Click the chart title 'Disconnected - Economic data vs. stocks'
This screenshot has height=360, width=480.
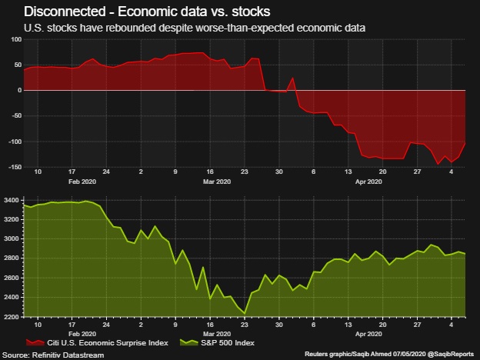(147, 12)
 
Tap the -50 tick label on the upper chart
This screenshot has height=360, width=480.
(14, 116)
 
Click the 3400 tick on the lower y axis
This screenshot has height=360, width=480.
(12, 200)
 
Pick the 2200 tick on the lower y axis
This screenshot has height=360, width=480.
(12, 317)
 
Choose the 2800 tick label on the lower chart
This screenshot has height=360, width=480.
(12, 258)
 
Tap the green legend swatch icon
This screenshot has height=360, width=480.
(186, 343)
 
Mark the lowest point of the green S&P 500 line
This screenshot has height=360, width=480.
(245, 312)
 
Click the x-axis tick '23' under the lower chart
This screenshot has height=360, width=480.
(245, 324)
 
